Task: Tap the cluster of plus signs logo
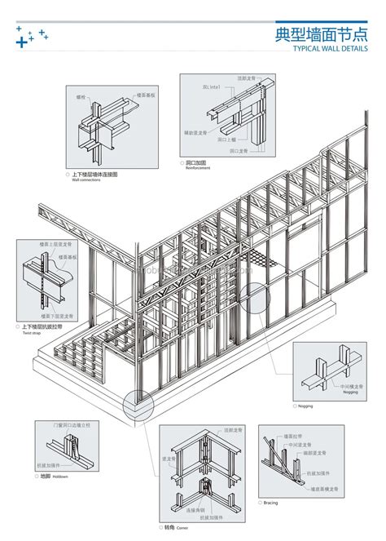point(31,36)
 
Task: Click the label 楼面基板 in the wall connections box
point(146,95)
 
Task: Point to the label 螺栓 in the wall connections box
point(81,96)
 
